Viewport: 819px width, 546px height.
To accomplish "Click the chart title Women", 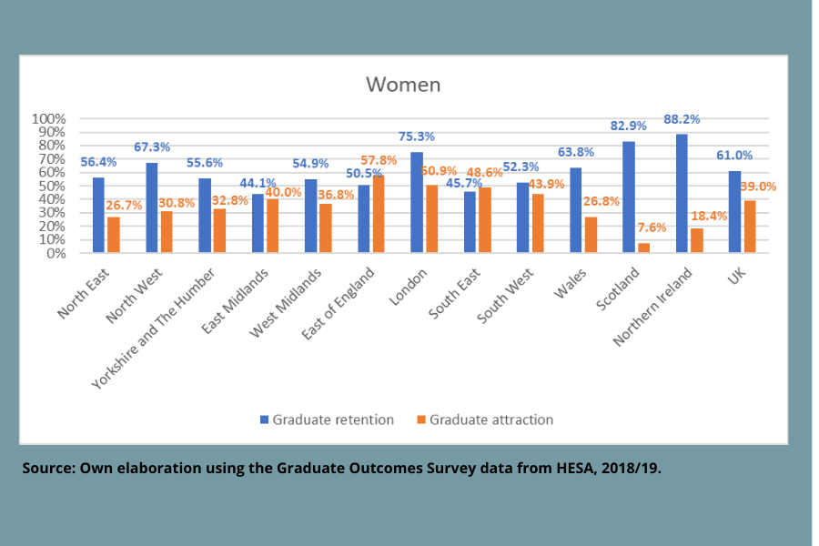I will (403, 85).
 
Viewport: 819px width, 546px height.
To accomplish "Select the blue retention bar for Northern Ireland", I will (682, 194).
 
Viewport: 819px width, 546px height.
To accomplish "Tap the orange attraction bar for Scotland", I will (644, 248).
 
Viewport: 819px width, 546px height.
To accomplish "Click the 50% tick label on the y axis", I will (51, 187).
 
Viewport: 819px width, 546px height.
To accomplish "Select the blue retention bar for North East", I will (97, 216).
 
